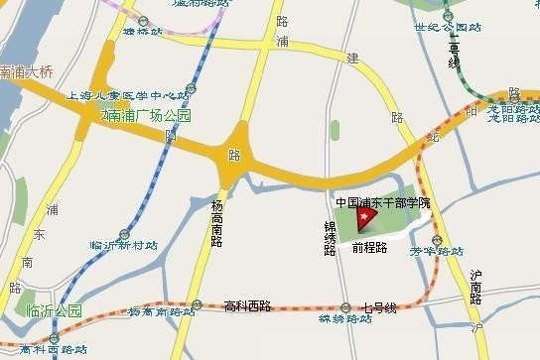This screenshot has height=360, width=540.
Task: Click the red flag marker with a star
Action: coord(365,215)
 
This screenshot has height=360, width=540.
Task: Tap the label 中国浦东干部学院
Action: coord(383,201)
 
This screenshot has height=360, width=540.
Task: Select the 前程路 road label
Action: coord(368,247)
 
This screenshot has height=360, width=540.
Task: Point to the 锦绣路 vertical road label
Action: coord(330,239)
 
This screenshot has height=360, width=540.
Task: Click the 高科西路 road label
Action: coord(247,305)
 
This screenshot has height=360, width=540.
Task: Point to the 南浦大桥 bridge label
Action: coord(27,72)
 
